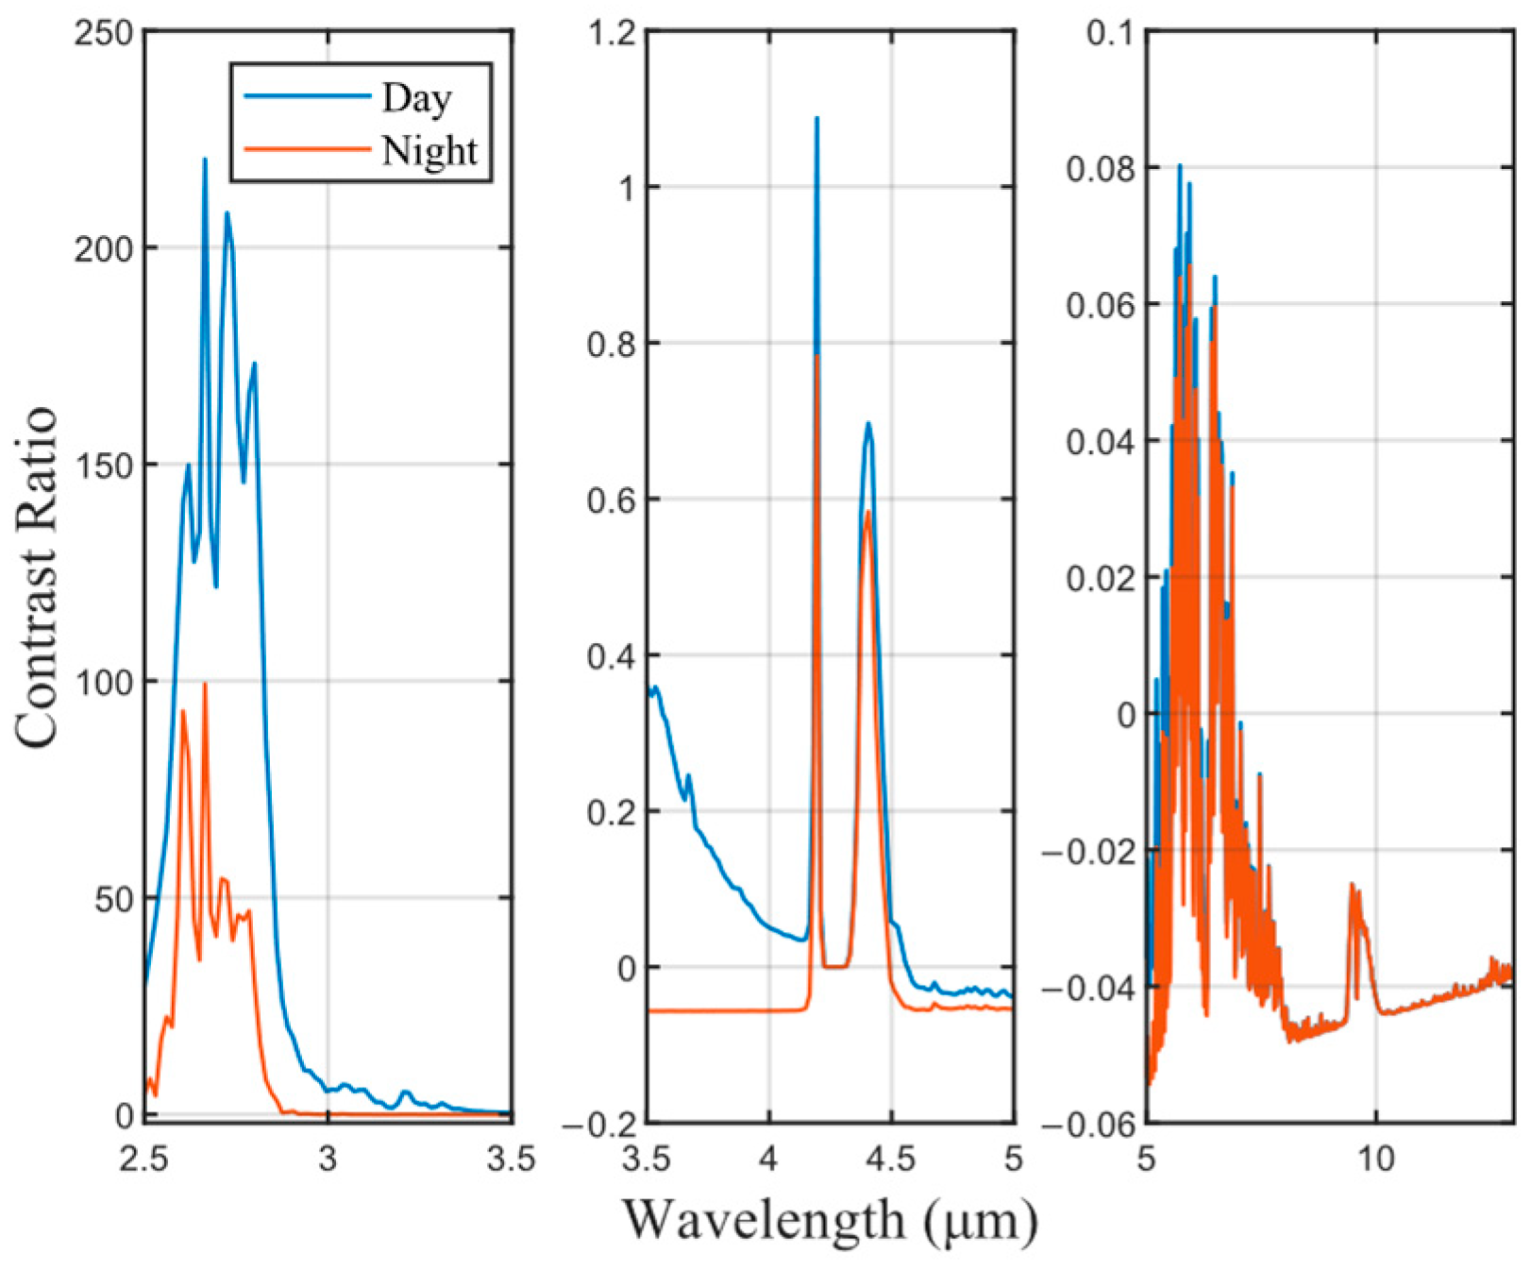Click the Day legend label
tap(416, 98)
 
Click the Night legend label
tap(429, 151)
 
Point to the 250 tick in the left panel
tap(104, 33)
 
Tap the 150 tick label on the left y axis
tap(104, 466)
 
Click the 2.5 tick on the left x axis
tap(144, 1158)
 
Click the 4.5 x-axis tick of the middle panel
tap(891, 1158)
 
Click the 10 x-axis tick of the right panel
tap(1376, 1158)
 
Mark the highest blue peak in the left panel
tap(205, 160)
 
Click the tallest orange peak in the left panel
tap(205, 685)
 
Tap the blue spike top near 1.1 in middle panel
tap(816, 119)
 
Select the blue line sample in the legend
tap(307, 96)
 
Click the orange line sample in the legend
tap(307, 149)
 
